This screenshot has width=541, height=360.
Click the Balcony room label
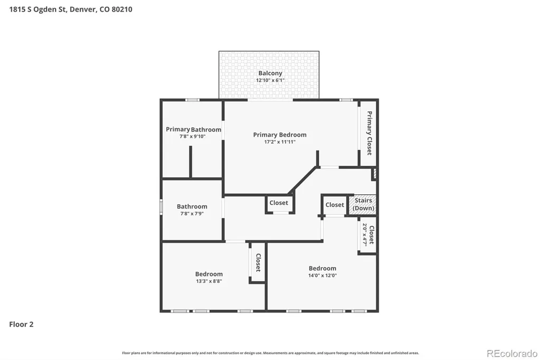coord(270,73)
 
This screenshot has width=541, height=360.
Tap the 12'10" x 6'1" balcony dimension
coord(270,80)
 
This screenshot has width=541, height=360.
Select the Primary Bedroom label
coord(280,135)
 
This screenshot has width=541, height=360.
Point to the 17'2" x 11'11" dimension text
coord(280,141)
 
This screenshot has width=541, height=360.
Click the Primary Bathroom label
coord(193,129)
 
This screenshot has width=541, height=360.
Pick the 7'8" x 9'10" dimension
coord(192,136)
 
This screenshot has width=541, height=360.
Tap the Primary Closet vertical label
coord(369,133)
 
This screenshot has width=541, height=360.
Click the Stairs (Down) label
coord(363,204)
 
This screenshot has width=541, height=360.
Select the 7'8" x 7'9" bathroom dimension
coord(192,213)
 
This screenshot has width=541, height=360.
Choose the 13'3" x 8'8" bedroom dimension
coord(209,281)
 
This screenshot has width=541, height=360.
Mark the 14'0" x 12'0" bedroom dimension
coord(323,275)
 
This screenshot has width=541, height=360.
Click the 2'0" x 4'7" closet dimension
coord(365,234)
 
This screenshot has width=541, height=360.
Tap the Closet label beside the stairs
coord(334,205)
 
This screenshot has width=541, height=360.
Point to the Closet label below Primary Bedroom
coord(279,203)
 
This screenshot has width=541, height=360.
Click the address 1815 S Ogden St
coord(38,10)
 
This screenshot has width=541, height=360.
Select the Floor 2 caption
coord(21,324)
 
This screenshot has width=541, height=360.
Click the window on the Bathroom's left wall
coord(161,207)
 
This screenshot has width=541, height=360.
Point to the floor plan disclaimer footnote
coord(270,353)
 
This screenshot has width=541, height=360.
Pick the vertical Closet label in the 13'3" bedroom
coord(258,263)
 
